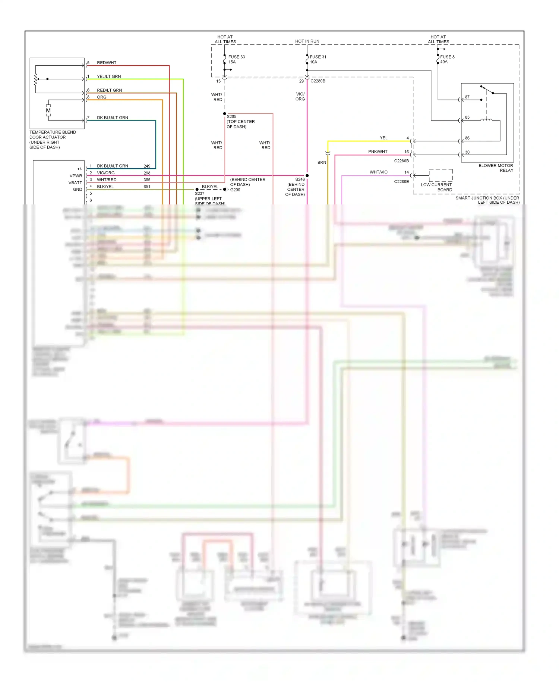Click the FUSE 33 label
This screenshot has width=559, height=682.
click(x=236, y=57)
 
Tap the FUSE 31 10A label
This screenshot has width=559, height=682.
click(x=318, y=59)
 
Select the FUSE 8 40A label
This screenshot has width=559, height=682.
click(x=447, y=59)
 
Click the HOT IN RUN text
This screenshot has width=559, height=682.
click(x=307, y=41)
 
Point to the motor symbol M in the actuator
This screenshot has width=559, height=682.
click(x=48, y=110)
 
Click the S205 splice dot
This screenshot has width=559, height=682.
click(x=224, y=113)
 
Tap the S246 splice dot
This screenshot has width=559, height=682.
click(x=307, y=175)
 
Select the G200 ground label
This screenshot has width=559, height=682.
click(x=235, y=190)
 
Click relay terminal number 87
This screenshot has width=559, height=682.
click(x=467, y=97)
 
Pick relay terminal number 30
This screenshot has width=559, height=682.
click(x=467, y=152)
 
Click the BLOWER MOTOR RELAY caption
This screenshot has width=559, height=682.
click(x=496, y=168)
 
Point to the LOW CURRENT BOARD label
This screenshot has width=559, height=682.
click(x=436, y=187)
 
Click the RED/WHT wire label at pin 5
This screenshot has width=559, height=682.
click(x=107, y=63)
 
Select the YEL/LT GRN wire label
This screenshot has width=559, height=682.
click(x=109, y=76)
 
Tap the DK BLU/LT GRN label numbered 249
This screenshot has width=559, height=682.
click(x=113, y=166)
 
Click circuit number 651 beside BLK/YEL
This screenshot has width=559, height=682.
click(x=147, y=187)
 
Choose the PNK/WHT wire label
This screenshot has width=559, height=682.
click(x=378, y=152)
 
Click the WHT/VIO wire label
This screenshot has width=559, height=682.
click(x=378, y=172)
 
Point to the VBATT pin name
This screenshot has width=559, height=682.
click(x=75, y=183)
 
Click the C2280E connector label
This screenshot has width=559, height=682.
click(x=401, y=182)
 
